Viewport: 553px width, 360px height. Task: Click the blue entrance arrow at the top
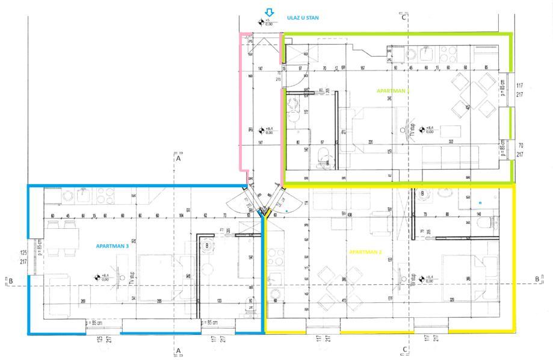[270, 12]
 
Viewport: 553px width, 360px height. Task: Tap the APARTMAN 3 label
[113, 246]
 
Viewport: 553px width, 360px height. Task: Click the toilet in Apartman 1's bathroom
[323, 155]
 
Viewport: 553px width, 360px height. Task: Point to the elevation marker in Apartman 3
[96, 278]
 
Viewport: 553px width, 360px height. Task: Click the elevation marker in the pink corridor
[261, 130]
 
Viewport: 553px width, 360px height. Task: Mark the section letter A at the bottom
[178, 350]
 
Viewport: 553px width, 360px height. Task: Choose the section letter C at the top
[404, 17]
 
